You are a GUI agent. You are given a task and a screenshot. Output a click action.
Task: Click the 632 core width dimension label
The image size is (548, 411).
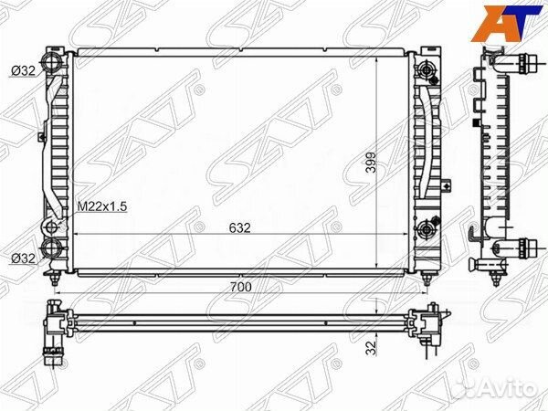(x=240, y=227)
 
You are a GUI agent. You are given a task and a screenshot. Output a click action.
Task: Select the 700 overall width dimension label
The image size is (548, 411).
(x=241, y=287)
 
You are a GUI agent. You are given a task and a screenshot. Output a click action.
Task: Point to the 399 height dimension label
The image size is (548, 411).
(x=371, y=163)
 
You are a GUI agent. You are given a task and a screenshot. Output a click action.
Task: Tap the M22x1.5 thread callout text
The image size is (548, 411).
(x=101, y=206)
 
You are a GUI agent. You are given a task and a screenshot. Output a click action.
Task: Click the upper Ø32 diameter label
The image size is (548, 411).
(x=23, y=71)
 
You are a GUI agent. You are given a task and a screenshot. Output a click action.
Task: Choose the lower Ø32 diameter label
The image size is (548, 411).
(x=23, y=258)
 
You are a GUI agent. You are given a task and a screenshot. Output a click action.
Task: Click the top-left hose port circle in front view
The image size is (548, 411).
(x=52, y=64)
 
